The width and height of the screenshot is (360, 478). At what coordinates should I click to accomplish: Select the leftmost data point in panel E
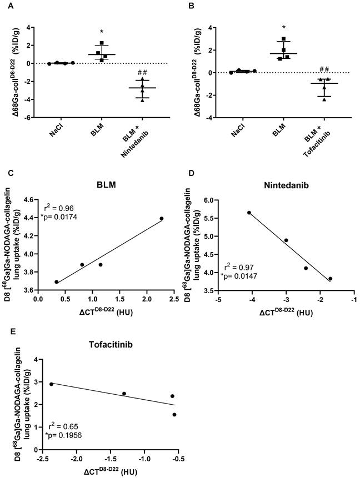point(51,384)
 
